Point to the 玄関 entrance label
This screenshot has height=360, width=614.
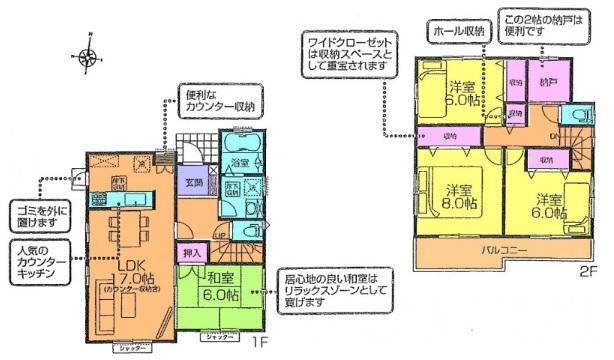192,182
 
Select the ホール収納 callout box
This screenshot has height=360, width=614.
457,31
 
